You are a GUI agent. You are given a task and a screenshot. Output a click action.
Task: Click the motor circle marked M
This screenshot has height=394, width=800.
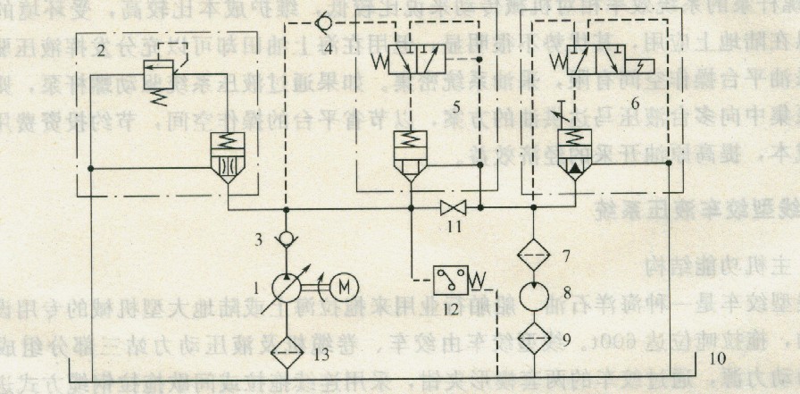pos(344,287)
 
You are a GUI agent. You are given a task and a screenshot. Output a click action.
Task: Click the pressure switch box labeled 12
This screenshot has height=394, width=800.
pos(452,281)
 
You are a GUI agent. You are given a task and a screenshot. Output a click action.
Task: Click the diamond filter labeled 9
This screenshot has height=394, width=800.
pos(532,338)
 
